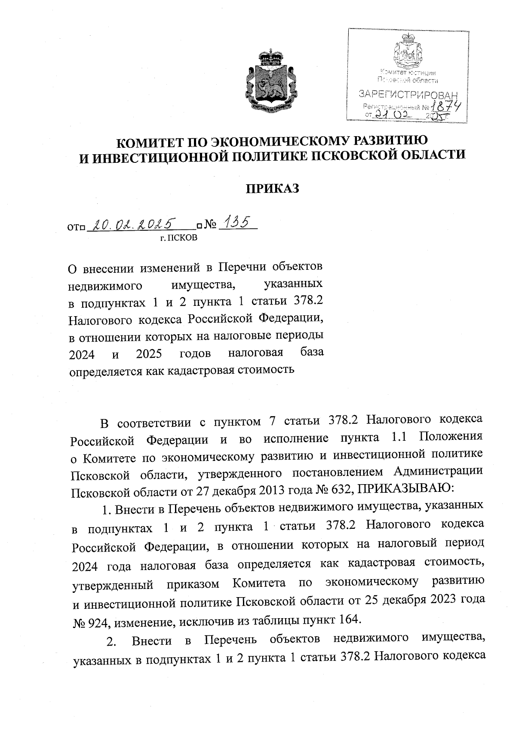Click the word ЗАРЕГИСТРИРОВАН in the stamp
(x=408, y=94)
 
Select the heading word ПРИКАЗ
(x=272, y=189)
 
